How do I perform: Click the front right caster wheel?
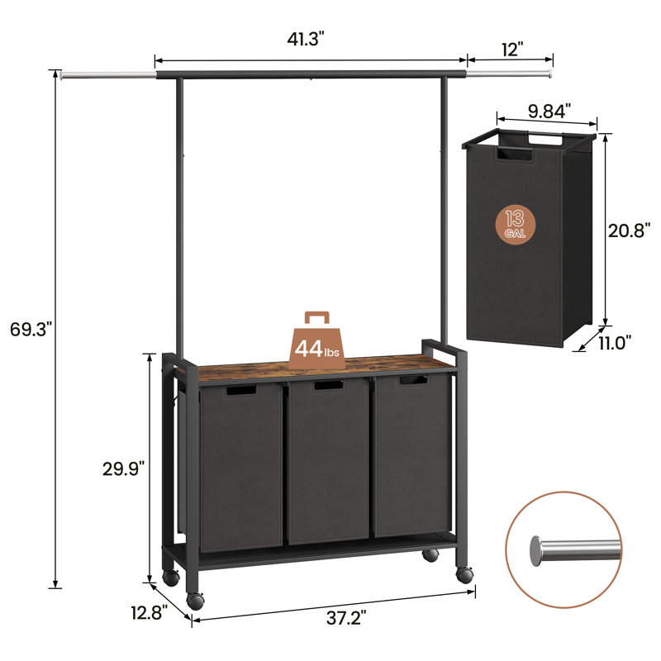(464, 574)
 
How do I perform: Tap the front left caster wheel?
(196, 601)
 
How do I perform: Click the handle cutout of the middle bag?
(327, 387)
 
